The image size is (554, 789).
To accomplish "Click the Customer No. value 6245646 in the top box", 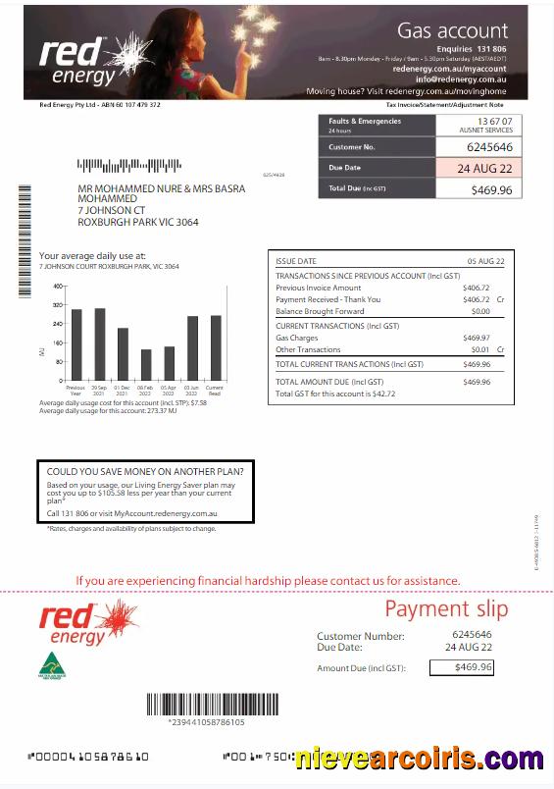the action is [x=489, y=147].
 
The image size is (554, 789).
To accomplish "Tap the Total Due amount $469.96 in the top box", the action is [x=490, y=188].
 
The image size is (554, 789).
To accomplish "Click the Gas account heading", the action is [x=452, y=30].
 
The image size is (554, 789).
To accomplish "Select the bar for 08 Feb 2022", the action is [x=146, y=364].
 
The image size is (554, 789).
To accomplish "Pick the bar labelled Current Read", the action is [x=216, y=347].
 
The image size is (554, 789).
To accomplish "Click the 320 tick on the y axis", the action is [x=57, y=304].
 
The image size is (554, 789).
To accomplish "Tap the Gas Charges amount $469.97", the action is [x=476, y=338].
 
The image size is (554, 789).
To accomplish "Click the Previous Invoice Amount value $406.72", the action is [x=476, y=288].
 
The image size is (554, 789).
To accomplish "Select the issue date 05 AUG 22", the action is [x=485, y=262].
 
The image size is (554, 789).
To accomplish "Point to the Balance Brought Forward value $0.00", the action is [x=480, y=311].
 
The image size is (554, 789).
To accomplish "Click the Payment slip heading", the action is [x=446, y=608].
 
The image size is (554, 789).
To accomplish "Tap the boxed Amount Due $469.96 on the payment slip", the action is [x=473, y=667].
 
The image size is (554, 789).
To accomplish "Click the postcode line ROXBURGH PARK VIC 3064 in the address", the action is [x=137, y=222].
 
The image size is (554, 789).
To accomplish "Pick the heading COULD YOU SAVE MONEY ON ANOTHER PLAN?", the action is [x=145, y=471].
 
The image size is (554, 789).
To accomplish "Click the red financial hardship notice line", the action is [x=268, y=581].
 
